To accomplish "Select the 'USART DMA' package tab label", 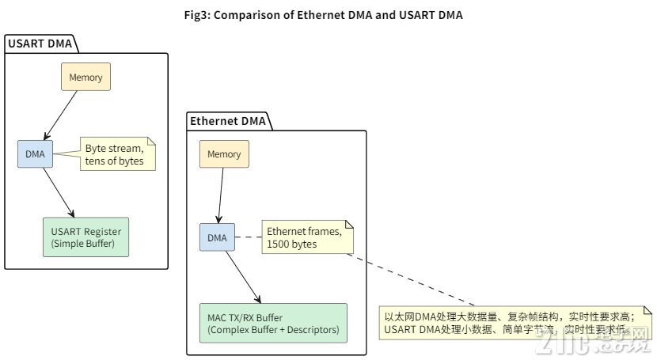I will (40, 44).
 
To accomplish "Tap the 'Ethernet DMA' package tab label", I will (228, 121).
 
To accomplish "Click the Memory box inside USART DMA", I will (86, 77).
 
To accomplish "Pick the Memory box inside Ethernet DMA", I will (223, 154).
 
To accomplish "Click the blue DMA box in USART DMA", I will (35, 153).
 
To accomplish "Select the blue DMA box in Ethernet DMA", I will (216, 237).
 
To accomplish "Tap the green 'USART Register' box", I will (85, 237).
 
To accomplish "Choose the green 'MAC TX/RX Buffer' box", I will (272, 323).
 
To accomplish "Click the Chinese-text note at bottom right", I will (515, 323).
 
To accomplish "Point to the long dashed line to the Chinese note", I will (412, 280).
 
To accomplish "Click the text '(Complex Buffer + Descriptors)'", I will (272, 329).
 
